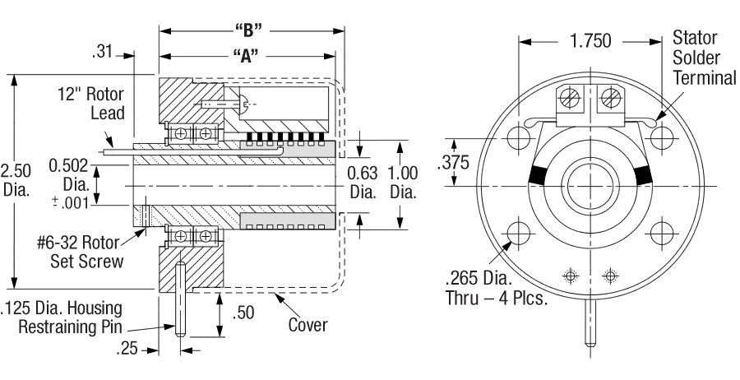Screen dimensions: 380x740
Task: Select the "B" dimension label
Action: [247, 31]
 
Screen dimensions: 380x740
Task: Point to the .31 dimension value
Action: [104, 54]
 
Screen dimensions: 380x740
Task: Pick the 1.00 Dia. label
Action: [403, 183]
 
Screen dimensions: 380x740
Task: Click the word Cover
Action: [308, 325]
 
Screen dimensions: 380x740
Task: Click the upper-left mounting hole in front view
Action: [520, 137]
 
